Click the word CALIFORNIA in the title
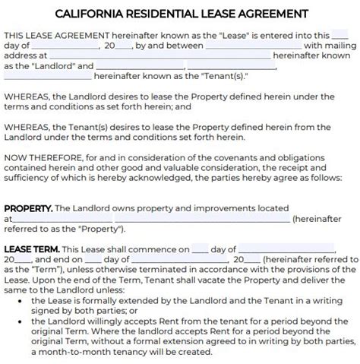point(90,14)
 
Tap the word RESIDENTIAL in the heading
point(165,14)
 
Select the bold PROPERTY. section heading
point(28,207)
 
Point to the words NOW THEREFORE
point(42,157)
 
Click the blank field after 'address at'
point(158,55)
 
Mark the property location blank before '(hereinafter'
point(150,218)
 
